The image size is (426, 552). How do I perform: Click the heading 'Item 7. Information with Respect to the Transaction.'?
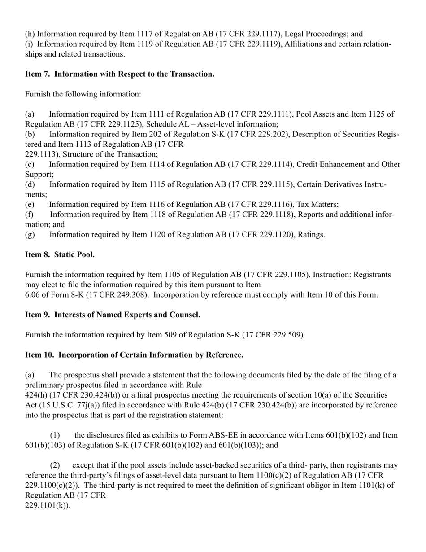tap(119, 74)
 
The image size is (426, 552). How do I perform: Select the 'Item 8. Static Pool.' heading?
tap(60, 254)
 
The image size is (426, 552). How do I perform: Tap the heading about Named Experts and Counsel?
tap(113, 315)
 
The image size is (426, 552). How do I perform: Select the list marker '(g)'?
tap(30, 235)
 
